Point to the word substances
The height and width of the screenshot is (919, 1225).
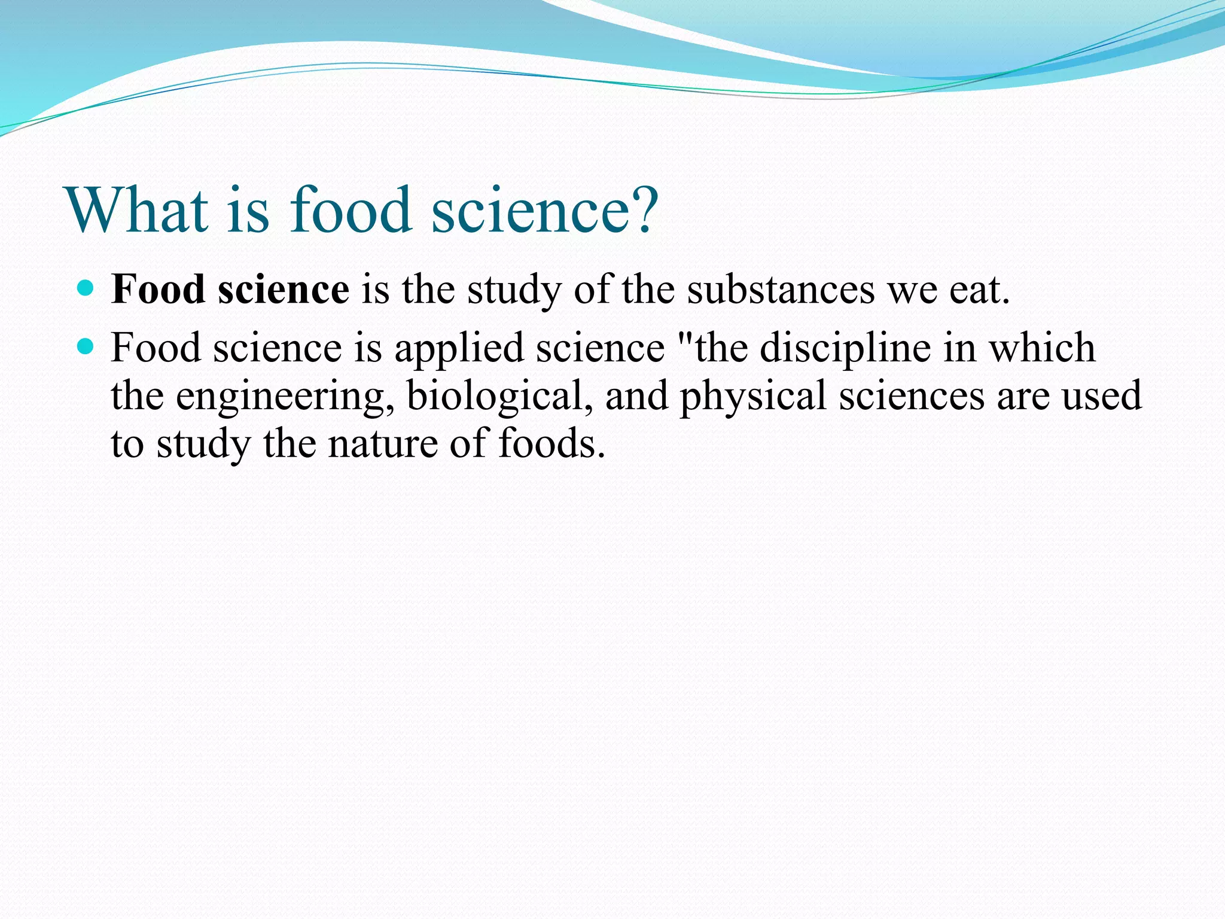[780, 290]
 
